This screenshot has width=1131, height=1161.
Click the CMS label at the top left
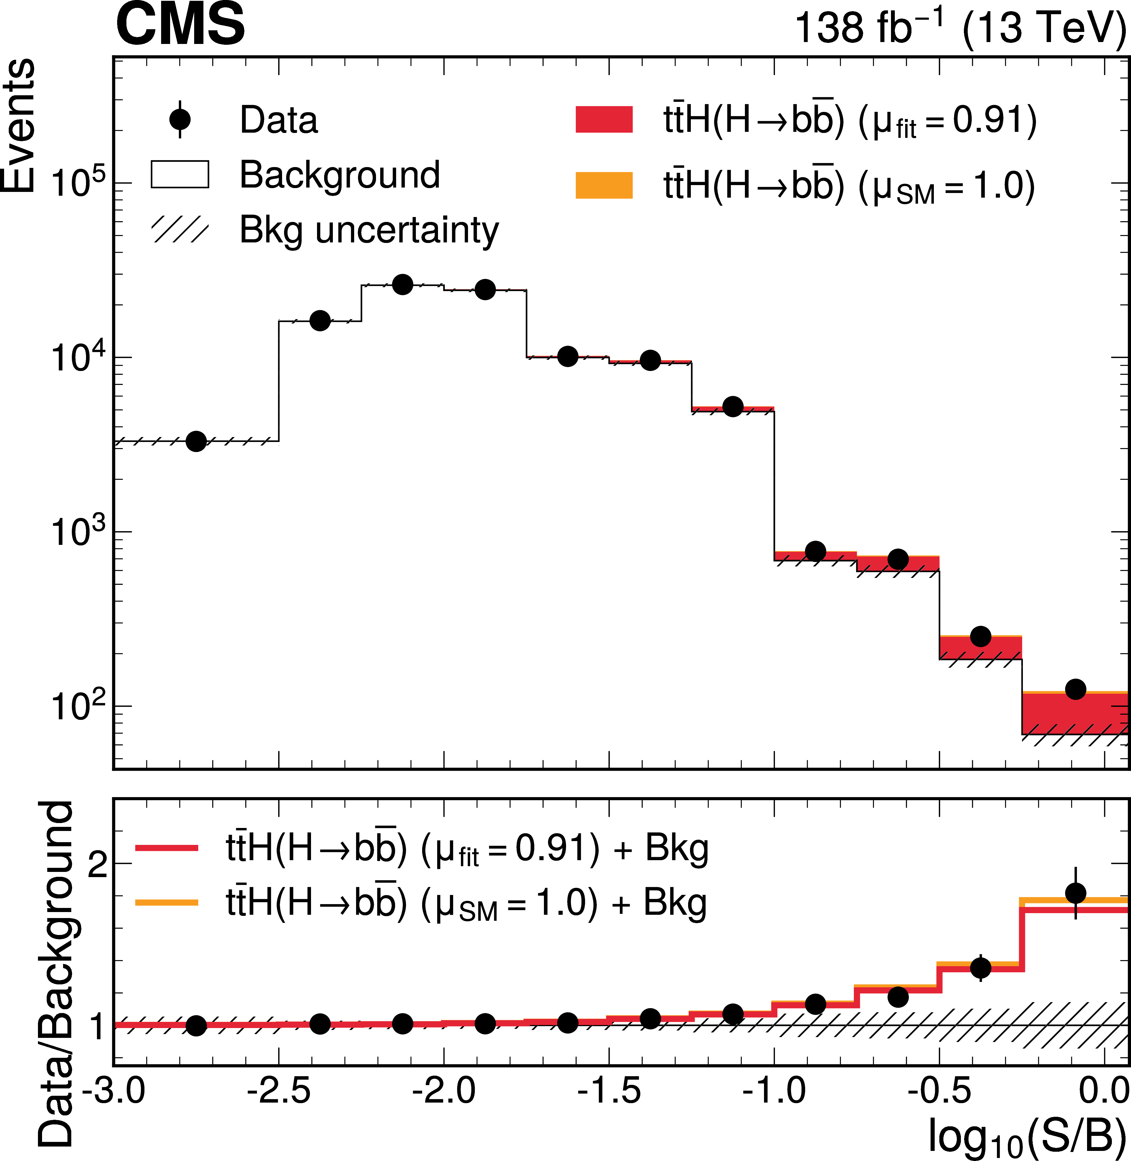[180, 25]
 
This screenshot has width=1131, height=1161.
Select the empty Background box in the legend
[180, 175]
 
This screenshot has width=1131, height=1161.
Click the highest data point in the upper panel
[403, 284]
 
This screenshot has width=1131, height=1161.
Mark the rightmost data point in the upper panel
[1076, 690]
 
